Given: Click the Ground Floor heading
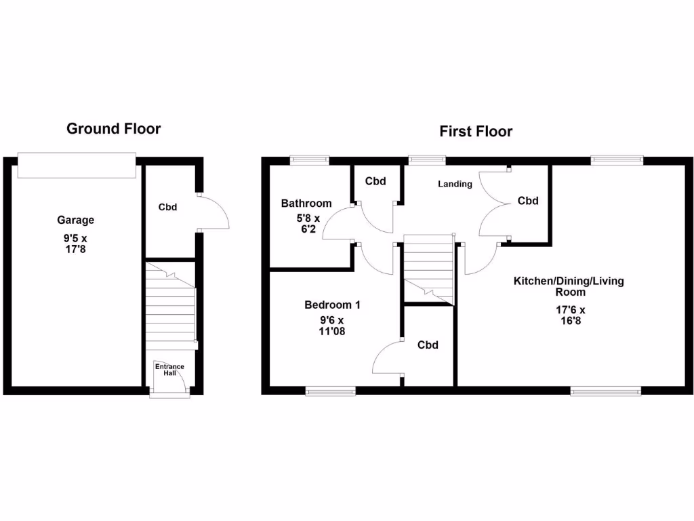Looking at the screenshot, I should point(113,128).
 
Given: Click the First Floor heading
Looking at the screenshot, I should point(476,131).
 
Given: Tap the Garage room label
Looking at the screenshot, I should point(75,220).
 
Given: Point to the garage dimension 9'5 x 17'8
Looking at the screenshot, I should point(75,244).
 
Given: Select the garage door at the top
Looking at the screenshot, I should point(77,166).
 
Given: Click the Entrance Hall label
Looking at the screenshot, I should point(169,370).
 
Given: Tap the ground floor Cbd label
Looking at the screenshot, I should point(167,207).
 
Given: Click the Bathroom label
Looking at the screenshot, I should point(306,203).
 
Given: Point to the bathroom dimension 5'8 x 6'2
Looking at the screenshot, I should point(306,224).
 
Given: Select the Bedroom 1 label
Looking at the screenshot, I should point(332,305).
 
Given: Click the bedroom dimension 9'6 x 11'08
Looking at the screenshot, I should point(332,326).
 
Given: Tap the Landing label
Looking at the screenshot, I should point(455,184).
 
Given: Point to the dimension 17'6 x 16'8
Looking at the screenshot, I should point(569,315).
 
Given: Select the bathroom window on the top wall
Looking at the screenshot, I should point(309,160).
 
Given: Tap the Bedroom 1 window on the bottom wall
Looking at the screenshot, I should point(330,391).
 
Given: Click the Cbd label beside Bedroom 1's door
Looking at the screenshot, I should point(428,345).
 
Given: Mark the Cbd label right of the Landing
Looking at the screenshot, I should point(528,201).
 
